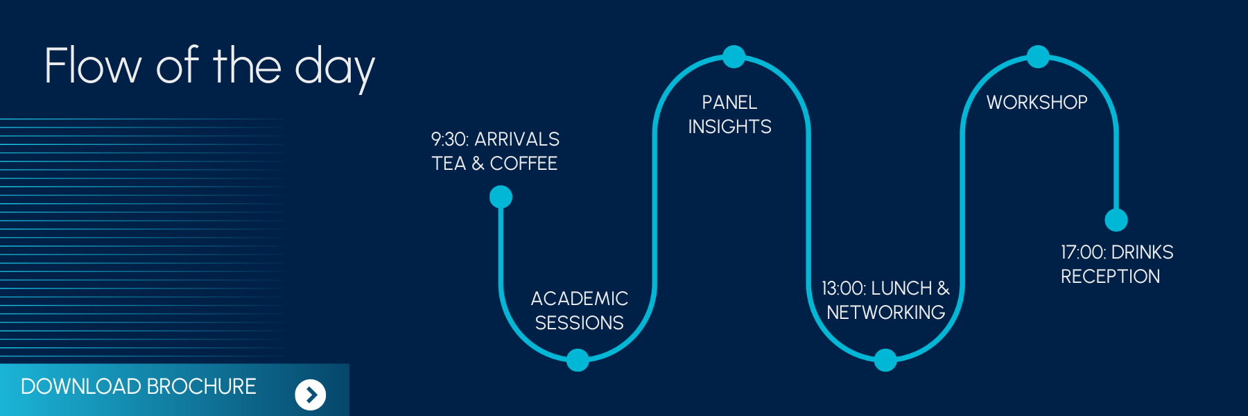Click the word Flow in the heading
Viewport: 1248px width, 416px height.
point(92,66)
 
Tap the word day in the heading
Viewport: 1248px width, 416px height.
point(335,67)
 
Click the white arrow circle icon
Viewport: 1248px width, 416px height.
point(311,395)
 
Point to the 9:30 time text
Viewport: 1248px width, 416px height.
point(449,139)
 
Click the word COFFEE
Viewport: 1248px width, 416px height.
point(523,164)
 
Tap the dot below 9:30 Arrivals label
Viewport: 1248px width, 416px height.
point(501,197)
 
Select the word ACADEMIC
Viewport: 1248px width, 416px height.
point(580,299)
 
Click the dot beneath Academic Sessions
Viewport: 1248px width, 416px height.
point(578,361)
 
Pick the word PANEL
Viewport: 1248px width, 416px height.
point(729,103)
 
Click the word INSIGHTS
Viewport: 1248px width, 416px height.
point(729,127)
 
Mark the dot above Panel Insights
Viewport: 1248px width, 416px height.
point(734,57)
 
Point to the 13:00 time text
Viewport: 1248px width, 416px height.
point(843,288)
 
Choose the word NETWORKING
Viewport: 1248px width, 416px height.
point(886,313)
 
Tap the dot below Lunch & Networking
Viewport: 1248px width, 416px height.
point(885,361)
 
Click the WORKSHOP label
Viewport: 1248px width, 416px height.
point(1037,103)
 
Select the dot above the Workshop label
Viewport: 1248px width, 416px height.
point(1038,57)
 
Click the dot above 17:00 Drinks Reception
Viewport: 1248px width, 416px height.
point(1116,220)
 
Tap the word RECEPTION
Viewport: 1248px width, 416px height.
point(1110,277)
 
